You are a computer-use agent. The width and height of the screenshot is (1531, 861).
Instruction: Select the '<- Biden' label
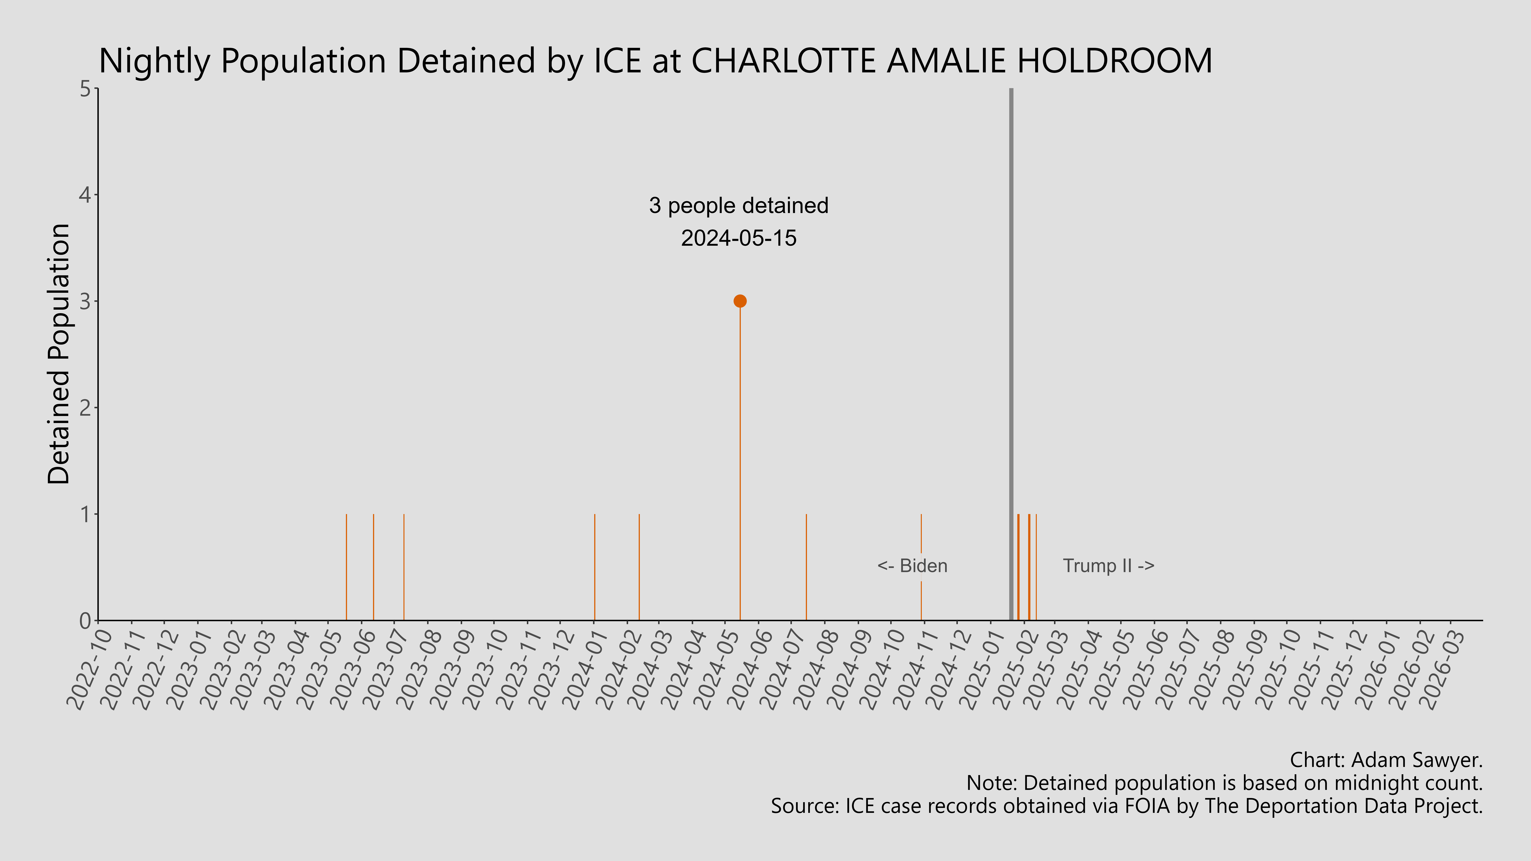[912, 566]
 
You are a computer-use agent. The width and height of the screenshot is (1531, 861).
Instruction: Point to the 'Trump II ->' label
[1108, 566]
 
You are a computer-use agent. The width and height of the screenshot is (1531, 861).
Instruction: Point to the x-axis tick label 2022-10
[89, 669]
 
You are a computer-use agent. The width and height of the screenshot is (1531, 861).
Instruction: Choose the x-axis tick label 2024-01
[585, 669]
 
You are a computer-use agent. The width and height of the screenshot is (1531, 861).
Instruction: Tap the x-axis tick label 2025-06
[1145, 669]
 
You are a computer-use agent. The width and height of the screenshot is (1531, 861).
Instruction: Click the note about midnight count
[1224, 783]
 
